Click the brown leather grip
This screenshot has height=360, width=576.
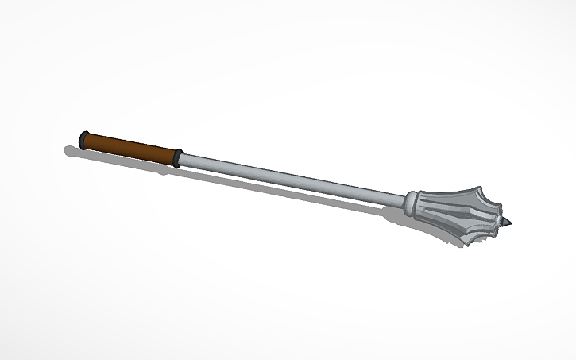(x=130, y=149)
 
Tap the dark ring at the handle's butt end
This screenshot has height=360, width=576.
(x=83, y=140)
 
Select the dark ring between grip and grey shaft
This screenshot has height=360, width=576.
(x=178, y=157)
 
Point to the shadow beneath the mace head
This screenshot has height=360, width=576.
(x=397, y=215)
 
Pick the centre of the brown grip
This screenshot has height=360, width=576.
(x=130, y=149)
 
